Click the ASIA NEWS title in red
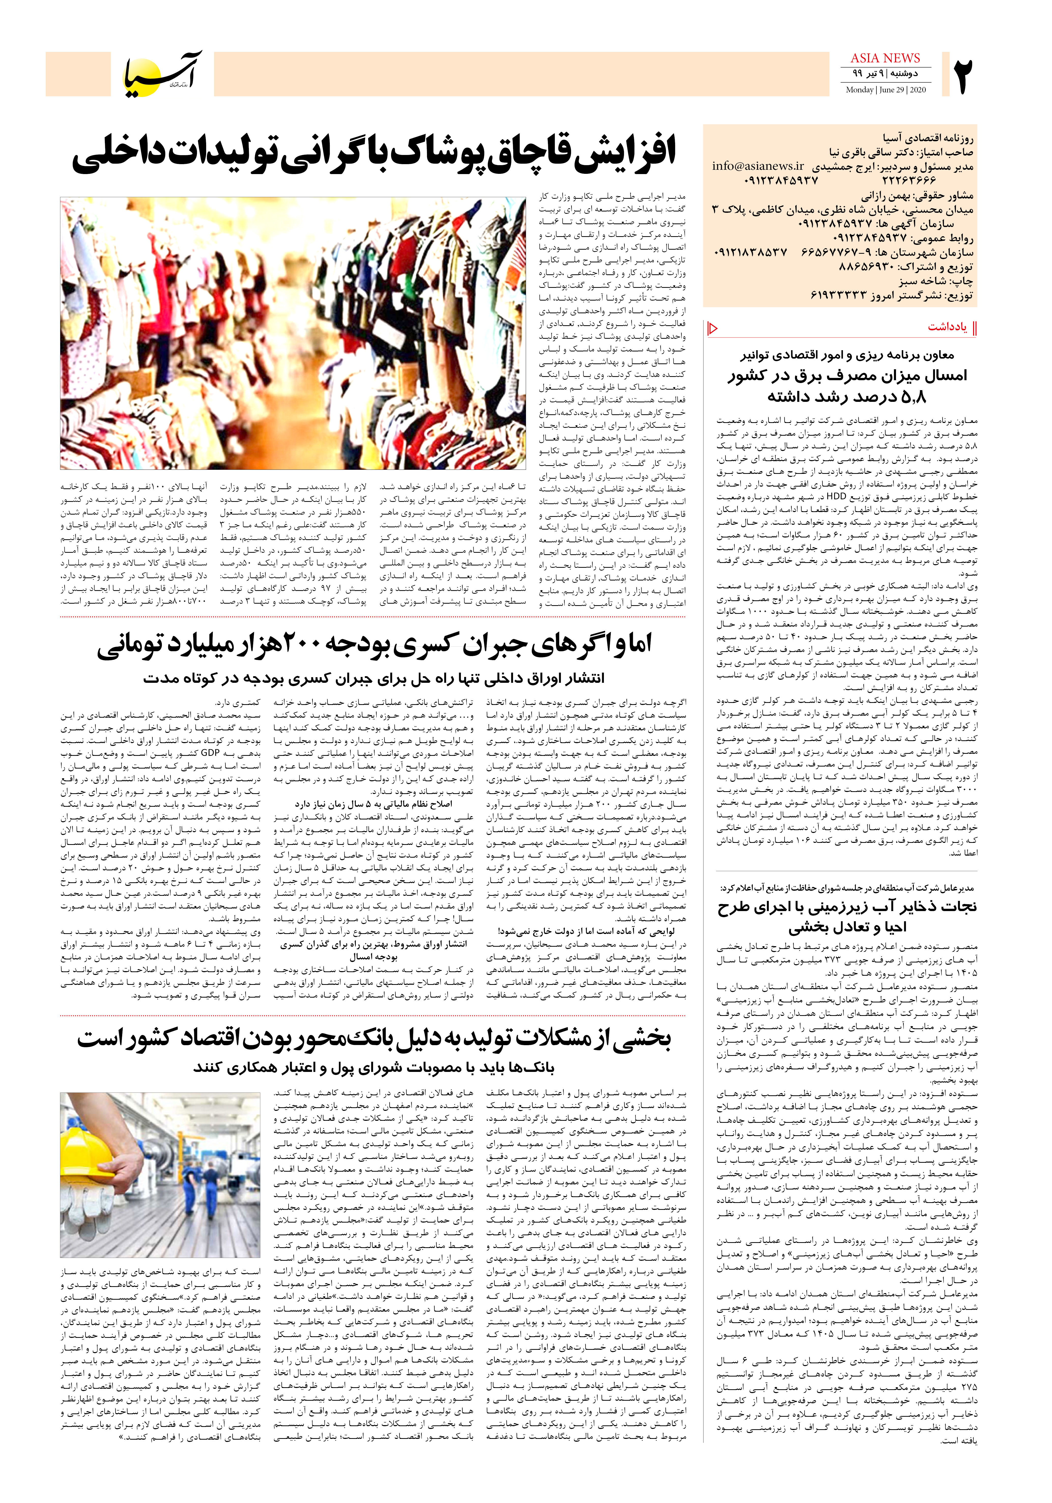pos(885,58)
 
